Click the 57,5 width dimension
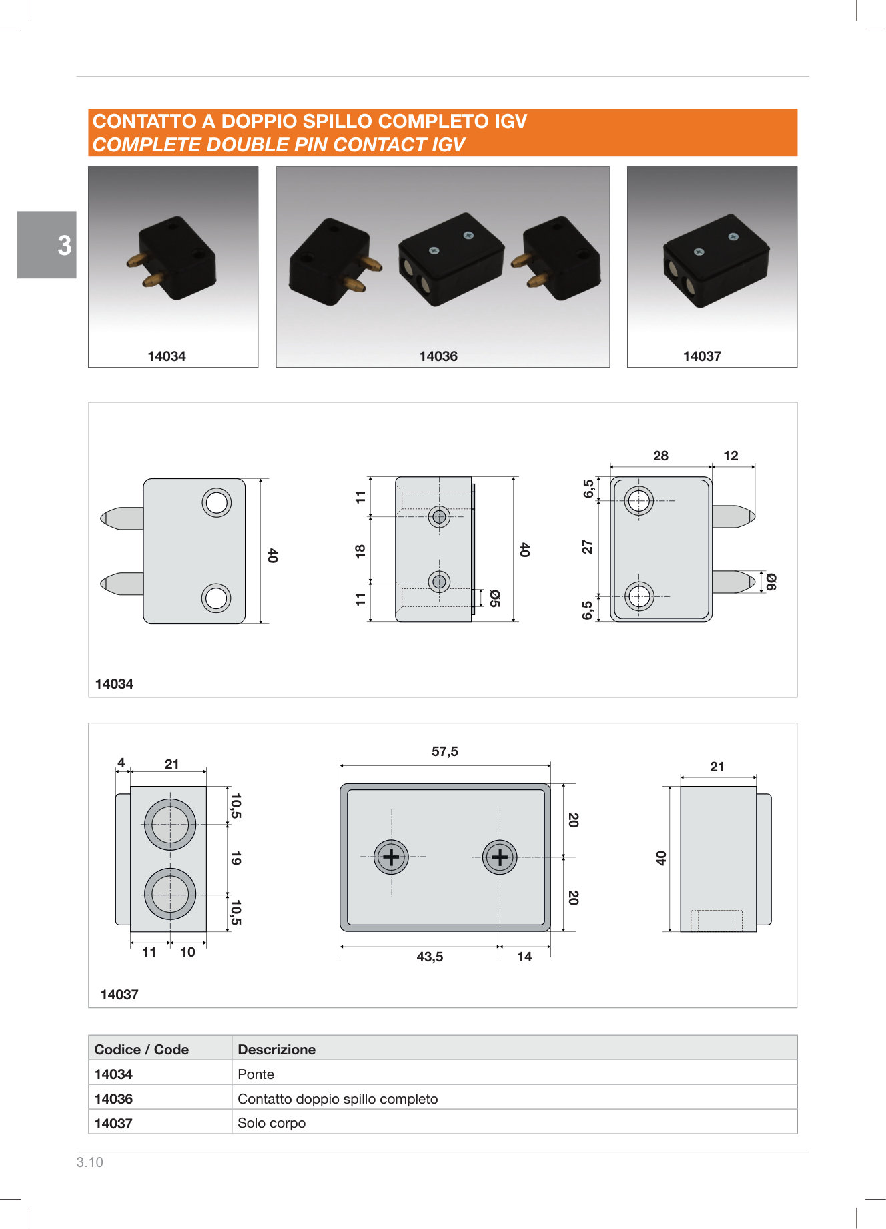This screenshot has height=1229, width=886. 445,751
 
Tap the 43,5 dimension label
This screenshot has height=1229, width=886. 430,957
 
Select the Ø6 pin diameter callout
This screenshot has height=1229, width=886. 771,582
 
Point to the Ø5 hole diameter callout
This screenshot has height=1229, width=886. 495,598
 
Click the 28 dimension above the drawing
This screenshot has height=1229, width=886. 660,456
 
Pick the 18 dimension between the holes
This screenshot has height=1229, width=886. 360,551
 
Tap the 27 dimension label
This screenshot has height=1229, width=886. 587,547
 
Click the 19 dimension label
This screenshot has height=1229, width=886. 236,858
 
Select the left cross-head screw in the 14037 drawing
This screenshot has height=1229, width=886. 391,857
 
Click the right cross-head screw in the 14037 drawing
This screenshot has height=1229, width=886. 500,857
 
